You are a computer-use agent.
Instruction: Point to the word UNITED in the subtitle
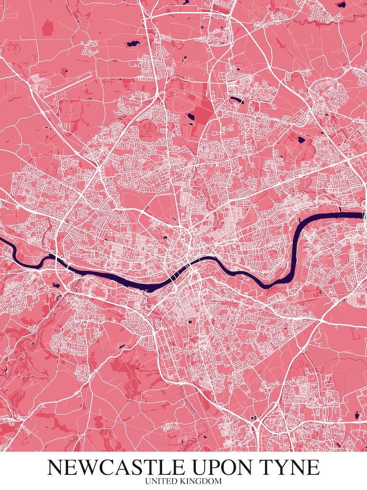point(164,482)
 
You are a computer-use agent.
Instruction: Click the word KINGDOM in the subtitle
point(203,482)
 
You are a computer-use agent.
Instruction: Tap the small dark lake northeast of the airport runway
point(131,44)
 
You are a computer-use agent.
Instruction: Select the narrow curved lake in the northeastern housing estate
point(237,100)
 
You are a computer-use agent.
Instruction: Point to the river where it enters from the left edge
point(3,241)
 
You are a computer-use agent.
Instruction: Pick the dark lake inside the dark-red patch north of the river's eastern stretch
point(300,139)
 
